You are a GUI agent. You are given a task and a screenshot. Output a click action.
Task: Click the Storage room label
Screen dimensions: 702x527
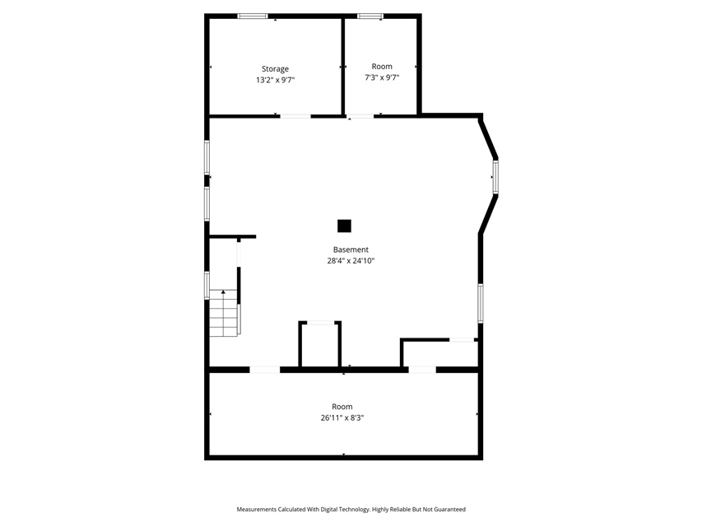(x=275, y=69)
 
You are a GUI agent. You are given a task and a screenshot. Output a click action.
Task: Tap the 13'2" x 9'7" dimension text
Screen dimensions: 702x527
(x=275, y=80)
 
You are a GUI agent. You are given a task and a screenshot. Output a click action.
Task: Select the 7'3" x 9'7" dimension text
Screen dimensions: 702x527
(x=382, y=77)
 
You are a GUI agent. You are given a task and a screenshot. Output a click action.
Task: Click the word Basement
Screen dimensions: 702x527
(x=351, y=250)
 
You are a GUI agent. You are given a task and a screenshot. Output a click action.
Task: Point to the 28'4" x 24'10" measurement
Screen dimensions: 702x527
(x=351, y=261)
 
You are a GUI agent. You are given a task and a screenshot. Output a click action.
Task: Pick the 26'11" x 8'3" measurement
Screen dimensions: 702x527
(x=342, y=418)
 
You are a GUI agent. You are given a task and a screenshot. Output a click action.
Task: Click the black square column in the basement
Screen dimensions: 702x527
(x=344, y=226)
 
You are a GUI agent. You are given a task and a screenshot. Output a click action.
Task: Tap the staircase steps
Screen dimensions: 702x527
(x=223, y=313)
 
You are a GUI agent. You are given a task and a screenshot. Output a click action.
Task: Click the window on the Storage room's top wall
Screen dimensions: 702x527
(x=253, y=16)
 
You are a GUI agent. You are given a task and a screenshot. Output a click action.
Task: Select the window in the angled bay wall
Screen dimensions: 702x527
(x=495, y=177)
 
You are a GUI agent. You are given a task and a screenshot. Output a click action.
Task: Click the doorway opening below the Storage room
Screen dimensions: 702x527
(x=295, y=116)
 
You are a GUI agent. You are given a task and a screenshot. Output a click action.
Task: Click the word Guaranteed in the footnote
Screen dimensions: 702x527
(x=450, y=510)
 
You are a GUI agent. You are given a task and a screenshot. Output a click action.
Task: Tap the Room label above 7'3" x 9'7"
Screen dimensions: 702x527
(x=382, y=67)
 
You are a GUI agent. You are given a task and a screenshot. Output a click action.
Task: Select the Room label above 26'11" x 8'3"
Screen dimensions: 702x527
(x=342, y=407)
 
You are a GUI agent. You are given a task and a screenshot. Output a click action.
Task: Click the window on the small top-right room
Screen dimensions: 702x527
(x=370, y=16)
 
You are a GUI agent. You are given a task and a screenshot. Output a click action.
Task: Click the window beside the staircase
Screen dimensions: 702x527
(x=207, y=286)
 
